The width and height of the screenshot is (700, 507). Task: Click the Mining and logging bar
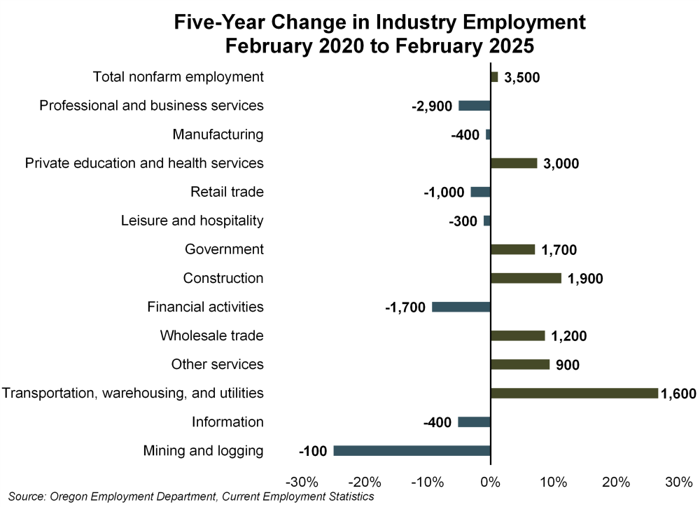coord(412,450)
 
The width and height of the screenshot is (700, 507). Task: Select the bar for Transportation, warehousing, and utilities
coord(574,393)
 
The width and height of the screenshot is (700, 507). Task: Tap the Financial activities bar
coord(461,307)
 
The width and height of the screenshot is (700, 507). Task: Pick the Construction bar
coord(526,278)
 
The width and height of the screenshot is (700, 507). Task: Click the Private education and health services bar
coord(514,163)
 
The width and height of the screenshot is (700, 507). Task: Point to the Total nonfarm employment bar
coord(494,77)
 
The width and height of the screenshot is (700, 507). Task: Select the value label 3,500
coord(522,78)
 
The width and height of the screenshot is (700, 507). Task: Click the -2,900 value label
coord(432,106)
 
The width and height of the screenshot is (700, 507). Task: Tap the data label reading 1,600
coord(678,394)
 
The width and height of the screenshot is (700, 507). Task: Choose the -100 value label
coord(313,451)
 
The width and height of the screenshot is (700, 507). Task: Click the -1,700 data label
coord(405,307)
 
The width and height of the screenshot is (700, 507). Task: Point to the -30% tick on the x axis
coord(303,482)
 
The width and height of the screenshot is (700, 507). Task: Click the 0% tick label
coord(490,482)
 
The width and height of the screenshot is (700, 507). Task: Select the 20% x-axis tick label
coord(616,482)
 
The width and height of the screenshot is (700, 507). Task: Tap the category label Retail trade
coord(227,192)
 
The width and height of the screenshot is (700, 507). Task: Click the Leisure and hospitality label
coord(192,221)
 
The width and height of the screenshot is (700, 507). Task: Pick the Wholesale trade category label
coord(211,335)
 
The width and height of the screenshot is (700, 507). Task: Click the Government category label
coord(224,249)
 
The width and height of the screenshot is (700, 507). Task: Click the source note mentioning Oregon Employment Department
coord(191,497)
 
